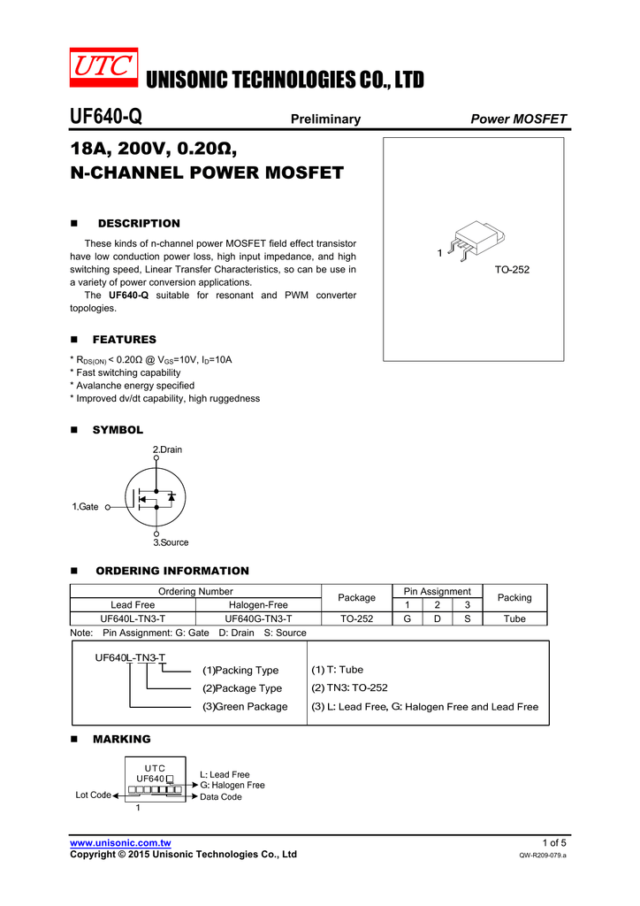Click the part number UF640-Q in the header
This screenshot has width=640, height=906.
pyautogui.click(x=105, y=118)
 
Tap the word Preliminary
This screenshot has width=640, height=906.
pyautogui.click(x=325, y=119)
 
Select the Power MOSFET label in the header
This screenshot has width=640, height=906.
pyautogui.click(x=519, y=119)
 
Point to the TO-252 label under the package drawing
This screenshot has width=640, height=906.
pyautogui.click(x=512, y=269)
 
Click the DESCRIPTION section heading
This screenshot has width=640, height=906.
pyautogui.click(x=138, y=224)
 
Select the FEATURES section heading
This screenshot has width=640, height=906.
pyautogui.click(x=125, y=340)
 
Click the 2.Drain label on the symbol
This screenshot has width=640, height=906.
pyautogui.click(x=168, y=449)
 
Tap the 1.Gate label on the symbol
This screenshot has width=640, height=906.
pyautogui.click(x=85, y=507)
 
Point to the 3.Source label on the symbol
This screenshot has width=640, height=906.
pyautogui.click(x=171, y=542)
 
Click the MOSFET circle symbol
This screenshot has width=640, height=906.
pyautogui.click(x=156, y=497)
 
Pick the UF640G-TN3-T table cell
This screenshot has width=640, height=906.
pyautogui.click(x=259, y=618)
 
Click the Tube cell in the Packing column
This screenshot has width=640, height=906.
pyautogui.click(x=514, y=618)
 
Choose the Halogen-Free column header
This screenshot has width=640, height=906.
pyautogui.click(x=259, y=604)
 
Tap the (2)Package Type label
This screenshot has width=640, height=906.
pyautogui.click(x=242, y=688)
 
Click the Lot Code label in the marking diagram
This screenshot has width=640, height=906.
pyautogui.click(x=93, y=795)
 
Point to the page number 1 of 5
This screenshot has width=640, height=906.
pyautogui.click(x=554, y=842)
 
